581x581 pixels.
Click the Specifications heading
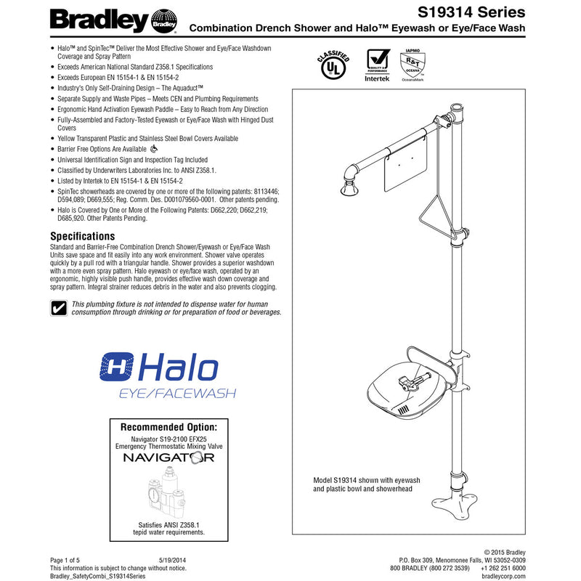click(82, 236)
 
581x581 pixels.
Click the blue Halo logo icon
click(116, 367)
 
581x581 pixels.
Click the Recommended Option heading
click(168, 426)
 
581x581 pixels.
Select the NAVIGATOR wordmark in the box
click(168, 458)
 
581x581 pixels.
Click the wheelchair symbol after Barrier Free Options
click(143, 149)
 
